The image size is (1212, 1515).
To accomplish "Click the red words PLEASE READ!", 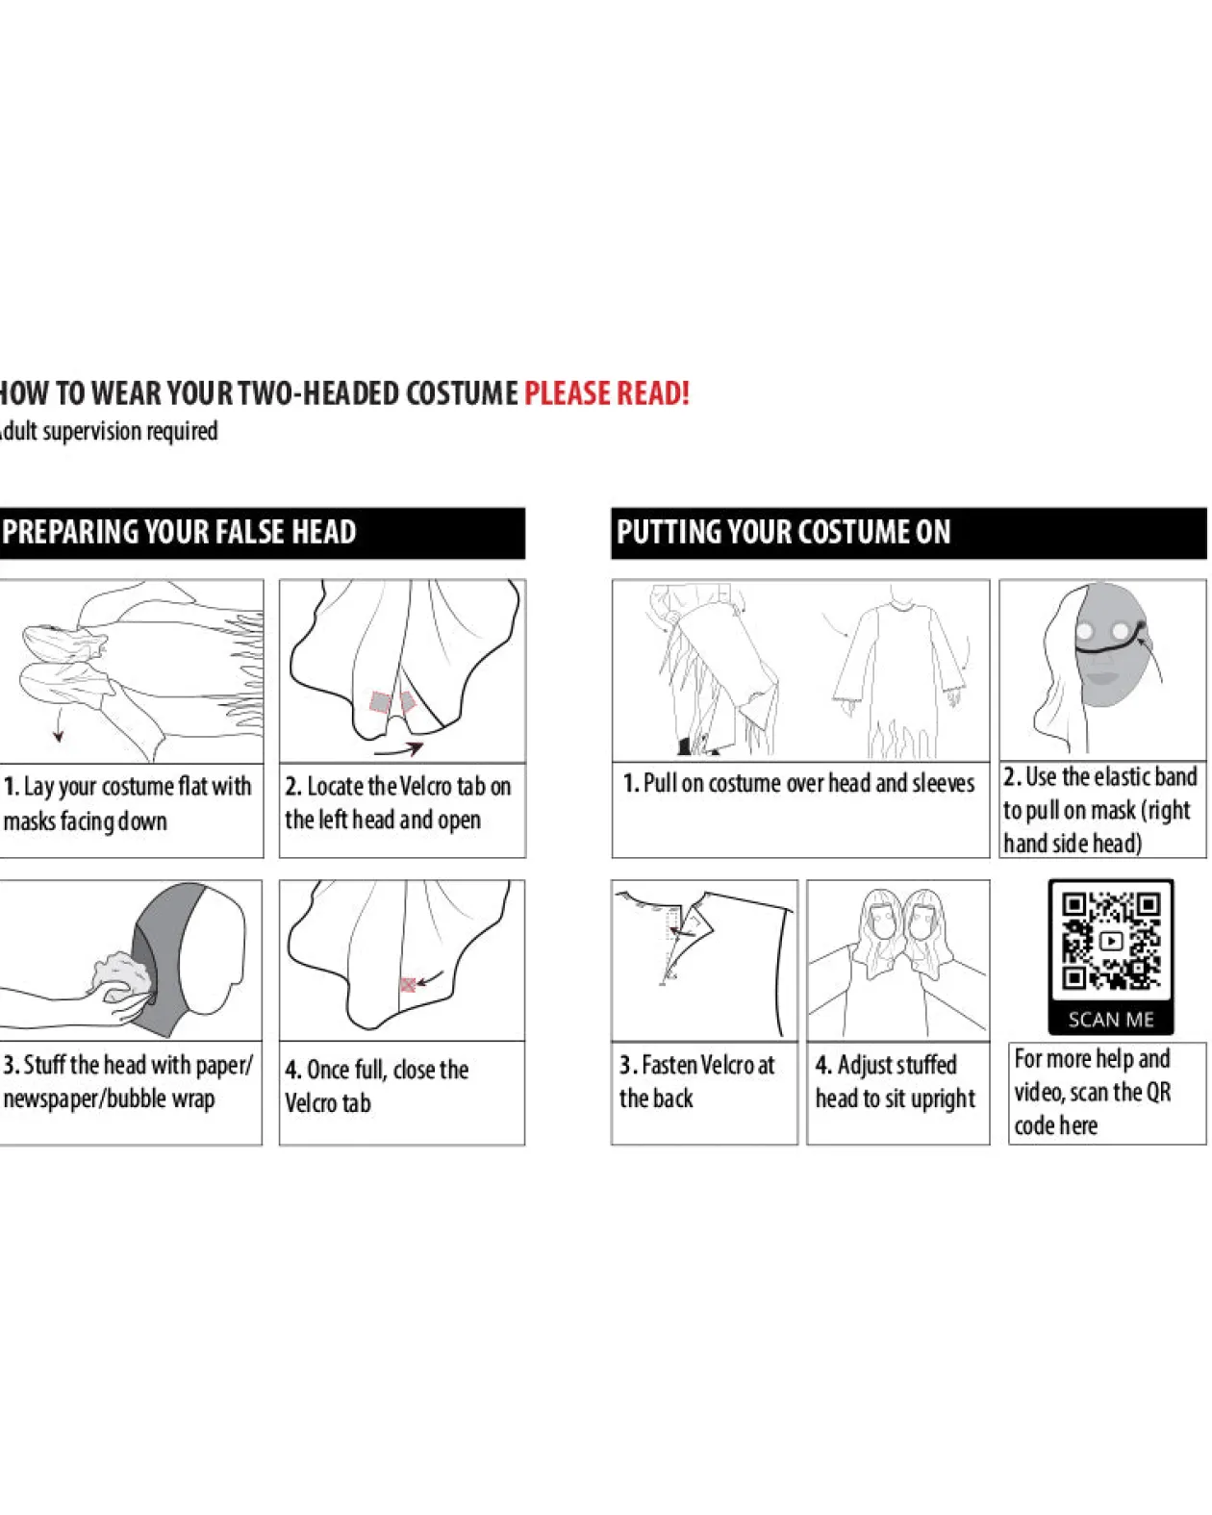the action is [x=606, y=393].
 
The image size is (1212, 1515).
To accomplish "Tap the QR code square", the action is [x=1111, y=942].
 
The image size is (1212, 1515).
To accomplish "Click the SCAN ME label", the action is [x=1111, y=1020].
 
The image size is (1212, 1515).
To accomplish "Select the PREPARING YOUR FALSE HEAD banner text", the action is [x=179, y=532].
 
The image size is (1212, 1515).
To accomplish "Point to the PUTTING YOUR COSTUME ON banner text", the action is [x=784, y=532].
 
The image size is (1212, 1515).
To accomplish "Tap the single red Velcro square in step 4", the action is [x=407, y=984].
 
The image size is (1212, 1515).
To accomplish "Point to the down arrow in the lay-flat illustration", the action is [x=59, y=726].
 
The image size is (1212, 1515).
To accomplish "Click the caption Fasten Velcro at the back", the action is [x=696, y=1081].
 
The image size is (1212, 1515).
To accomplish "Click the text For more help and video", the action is [x=1093, y=1076].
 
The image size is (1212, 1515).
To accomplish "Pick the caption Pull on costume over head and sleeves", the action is [x=798, y=784].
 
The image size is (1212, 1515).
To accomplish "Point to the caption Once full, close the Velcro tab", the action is [x=377, y=1086].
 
